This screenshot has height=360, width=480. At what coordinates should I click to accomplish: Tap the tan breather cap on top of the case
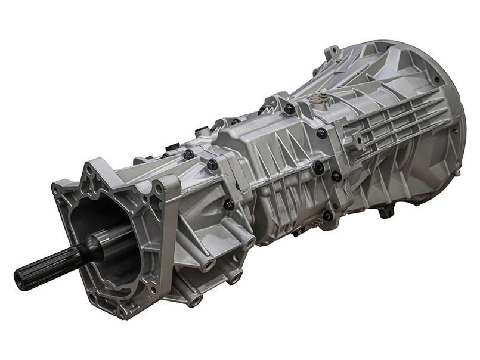coord(323,95)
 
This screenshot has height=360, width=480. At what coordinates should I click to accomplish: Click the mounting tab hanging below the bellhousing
coord(387,210)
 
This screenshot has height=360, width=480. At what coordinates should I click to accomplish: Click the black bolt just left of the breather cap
coord(289,108)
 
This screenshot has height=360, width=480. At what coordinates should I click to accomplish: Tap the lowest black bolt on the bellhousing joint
coord(327,215)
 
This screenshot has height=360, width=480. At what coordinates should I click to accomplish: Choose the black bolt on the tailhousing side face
coord(228,204)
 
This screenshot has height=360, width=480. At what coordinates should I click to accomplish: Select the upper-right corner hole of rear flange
coord(159,189)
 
